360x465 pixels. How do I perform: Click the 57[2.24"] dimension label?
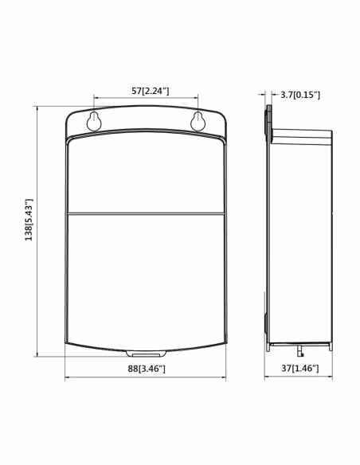[x=151, y=91]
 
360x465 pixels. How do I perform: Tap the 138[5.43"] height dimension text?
[x=29, y=220]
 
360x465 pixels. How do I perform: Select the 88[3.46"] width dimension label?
[x=147, y=369]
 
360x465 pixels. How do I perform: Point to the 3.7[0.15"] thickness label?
[x=300, y=95]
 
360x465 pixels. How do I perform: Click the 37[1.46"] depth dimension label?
[x=300, y=369]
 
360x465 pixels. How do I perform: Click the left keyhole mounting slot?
[x=94, y=121]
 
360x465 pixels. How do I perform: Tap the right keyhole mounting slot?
[x=198, y=121]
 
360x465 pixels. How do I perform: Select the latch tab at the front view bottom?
[x=146, y=354]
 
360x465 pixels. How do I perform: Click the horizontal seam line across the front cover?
[x=146, y=213]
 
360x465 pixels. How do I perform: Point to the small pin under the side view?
[x=300, y=350]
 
